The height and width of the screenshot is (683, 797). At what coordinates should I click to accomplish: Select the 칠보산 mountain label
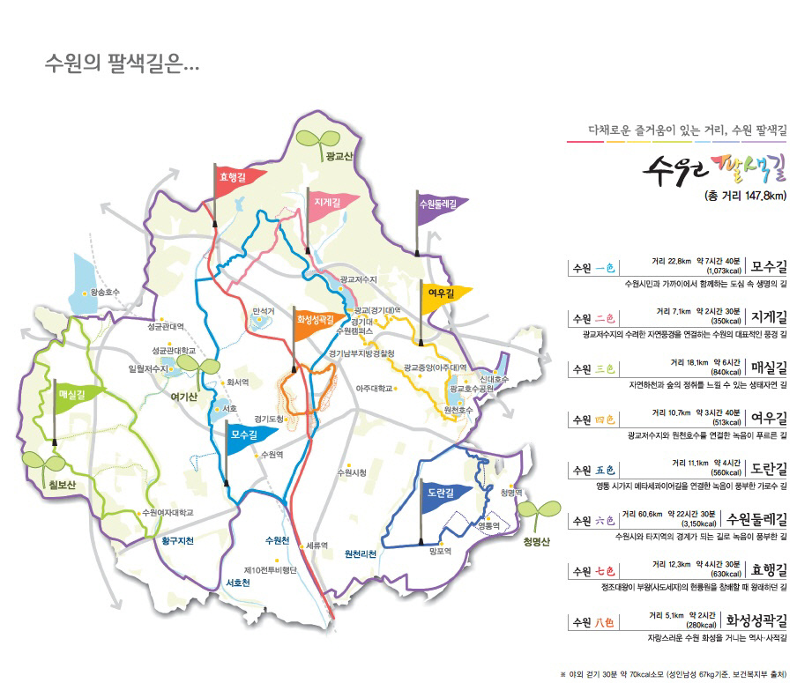tap(43, 485)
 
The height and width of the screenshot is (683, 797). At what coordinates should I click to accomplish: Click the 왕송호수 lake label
tap(104, 291)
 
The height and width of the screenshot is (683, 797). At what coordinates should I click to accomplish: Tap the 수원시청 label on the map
tap(351, 473)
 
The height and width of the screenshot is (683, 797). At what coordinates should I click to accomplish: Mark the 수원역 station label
tap(270, 455)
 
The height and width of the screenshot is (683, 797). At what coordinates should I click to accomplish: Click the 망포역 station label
tap(439, 552)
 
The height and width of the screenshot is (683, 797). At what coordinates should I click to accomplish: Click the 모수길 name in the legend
tap(770, 266)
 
